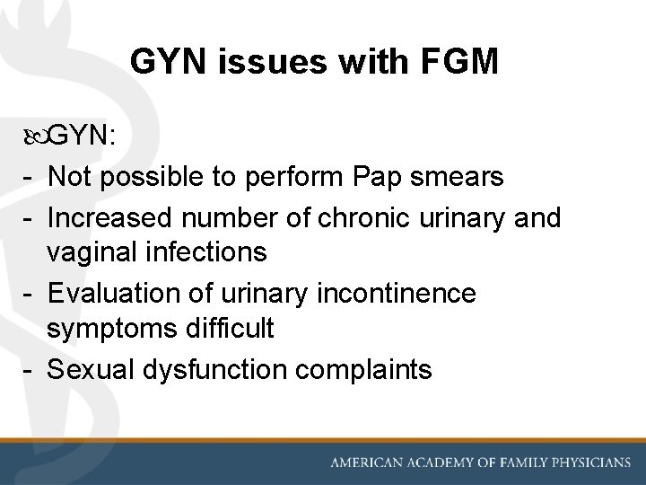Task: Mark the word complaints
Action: click(x=366, y=369)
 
